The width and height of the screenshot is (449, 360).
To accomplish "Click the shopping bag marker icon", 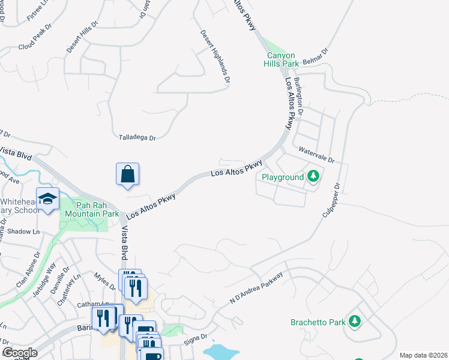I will pos(127,175).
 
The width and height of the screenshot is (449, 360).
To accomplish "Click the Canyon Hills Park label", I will pos(283,59).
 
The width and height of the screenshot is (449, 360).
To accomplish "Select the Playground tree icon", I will pos(312,176).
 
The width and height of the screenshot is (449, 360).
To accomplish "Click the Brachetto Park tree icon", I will pos(355,322).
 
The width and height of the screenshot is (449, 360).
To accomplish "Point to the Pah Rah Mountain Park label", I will pos(92,209).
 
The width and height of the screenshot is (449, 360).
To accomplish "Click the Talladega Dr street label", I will pos(136,138).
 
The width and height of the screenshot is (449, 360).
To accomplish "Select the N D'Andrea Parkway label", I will pos(256,290).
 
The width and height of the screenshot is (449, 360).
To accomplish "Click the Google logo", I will pos(20,353).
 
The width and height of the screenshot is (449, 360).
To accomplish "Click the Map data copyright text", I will pos(423,355).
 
